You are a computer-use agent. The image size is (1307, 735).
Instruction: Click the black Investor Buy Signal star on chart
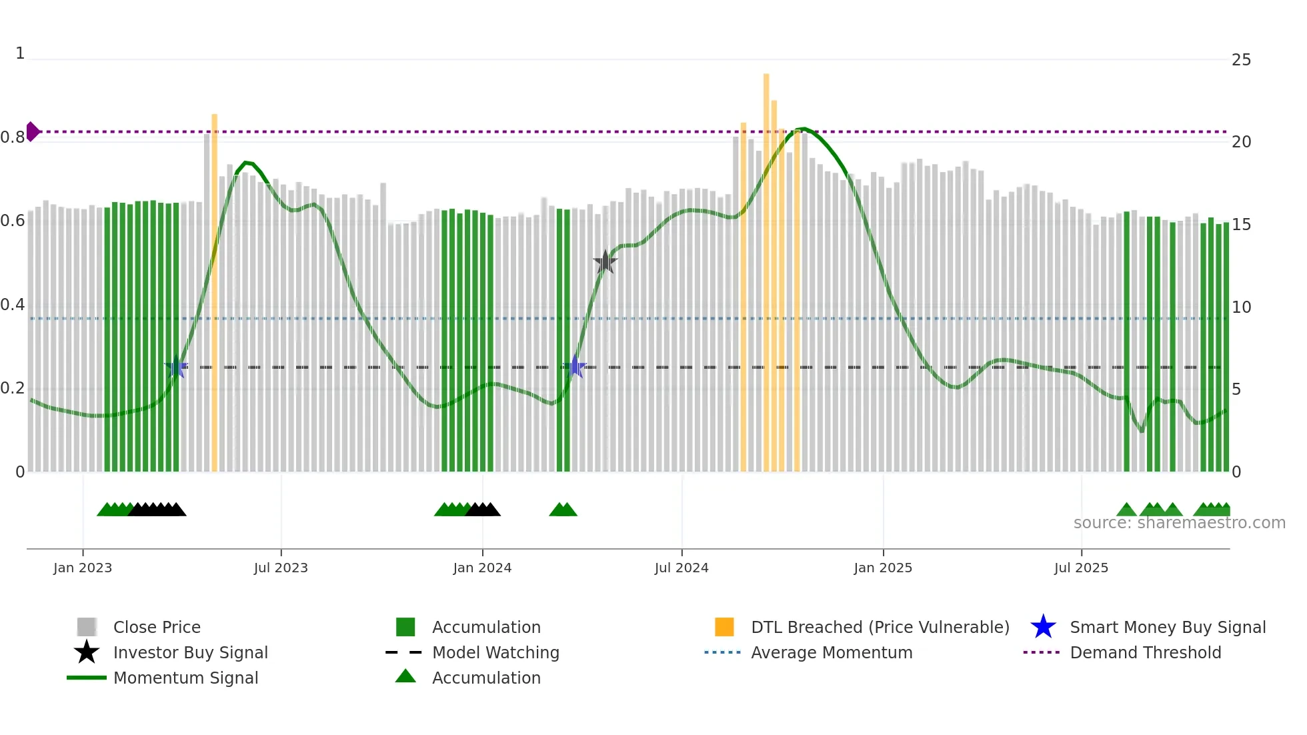(x=605, y=262)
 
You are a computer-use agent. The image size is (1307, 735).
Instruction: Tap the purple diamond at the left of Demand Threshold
(x=32, y=131)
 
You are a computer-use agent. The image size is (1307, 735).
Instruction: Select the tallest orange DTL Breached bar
(x=766, y=267)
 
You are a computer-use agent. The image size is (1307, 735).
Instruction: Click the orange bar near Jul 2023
(x=214, y=293)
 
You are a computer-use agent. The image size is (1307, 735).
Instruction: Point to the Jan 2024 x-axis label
(x=482, y=568)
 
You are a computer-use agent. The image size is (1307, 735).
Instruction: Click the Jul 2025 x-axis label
(x=1081, y=568)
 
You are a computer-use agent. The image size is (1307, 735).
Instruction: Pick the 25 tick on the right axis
(x=1241, y=60)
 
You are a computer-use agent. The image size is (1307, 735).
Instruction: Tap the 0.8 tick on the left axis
(x=13, y=137)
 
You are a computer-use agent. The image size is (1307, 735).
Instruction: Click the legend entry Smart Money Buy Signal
(x=1167, y=627)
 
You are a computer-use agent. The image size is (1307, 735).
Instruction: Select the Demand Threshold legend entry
(x=1145, y=652)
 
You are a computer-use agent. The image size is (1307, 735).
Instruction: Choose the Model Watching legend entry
(x=495, y=652)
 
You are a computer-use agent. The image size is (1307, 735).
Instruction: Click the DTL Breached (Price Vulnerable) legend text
(x=880, y=627)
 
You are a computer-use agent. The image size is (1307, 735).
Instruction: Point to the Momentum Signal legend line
(x=87, y=678)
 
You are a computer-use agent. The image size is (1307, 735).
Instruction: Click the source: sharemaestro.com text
(x=1179, y=523)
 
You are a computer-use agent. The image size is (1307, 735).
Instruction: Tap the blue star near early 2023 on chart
(x=177, y=367)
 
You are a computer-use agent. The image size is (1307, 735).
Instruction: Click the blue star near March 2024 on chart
(x=575, y=367)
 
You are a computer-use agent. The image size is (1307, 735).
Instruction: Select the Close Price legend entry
(x=156, y=627)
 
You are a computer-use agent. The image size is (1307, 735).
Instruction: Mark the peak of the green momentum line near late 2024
(x=804, y=129)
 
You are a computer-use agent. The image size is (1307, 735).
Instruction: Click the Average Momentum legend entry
(x=831, y=652)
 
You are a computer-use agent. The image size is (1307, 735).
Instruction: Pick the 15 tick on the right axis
(x=1241, y=225)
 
